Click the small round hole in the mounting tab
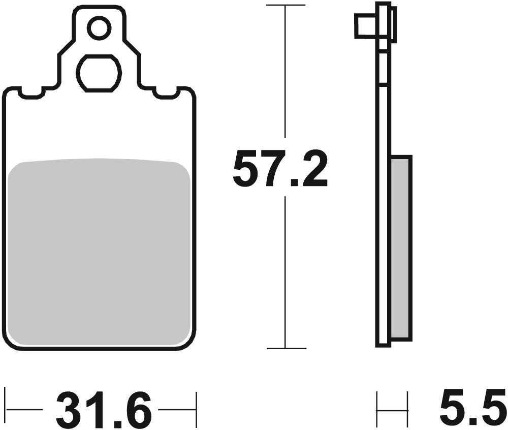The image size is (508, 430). [99, 28]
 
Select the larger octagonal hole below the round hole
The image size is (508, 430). [99, 73]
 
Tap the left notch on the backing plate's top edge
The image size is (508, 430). [31, 93]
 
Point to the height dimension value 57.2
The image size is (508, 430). [279, 168]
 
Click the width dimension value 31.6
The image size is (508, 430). [104, 409]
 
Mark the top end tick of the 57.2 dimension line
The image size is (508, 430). [286, 5]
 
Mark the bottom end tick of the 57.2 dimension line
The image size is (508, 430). [286, 349]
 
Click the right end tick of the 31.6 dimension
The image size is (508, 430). [196, 409]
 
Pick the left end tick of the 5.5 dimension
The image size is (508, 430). [377, 409]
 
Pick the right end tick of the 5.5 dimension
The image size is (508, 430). [407, 409]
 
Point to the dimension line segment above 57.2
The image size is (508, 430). [286, 71]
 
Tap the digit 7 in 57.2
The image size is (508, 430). [271, 168]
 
